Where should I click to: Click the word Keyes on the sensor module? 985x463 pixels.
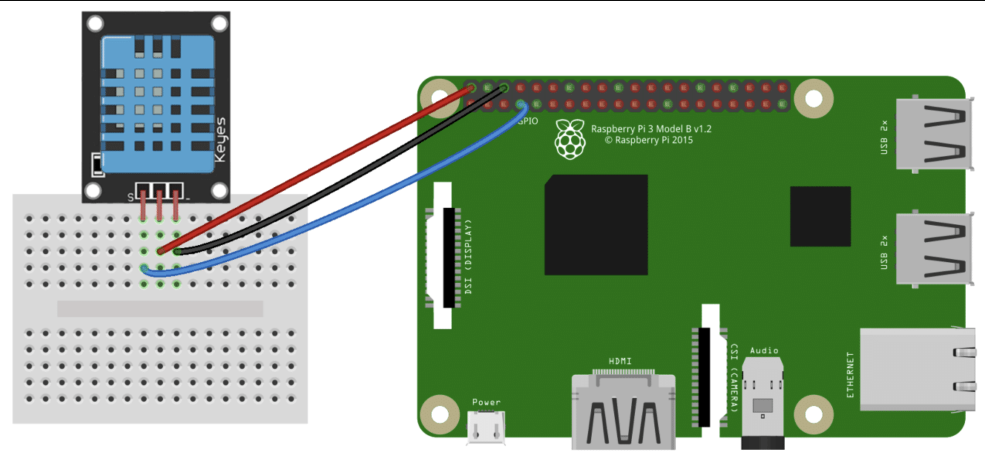click(x=220, y=140)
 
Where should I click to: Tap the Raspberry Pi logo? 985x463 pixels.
click(x=570, y=140)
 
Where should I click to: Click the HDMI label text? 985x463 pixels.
click(x=620, y=361)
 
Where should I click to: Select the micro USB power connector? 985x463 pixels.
click(x=486, y=427)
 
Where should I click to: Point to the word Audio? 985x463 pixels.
click(x=764, y=351)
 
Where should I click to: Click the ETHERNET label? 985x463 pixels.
click(x=850, y=374)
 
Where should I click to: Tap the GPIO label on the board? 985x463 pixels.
click(x=528, y=121)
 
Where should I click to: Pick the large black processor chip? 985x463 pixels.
click(x=596, y=225)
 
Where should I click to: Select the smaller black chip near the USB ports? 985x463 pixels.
click(x=820, y=216)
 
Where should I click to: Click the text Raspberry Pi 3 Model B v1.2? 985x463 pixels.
click(x=651, y=129)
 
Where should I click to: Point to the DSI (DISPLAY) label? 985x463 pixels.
click(x=468, y=257)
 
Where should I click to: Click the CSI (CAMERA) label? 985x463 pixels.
click(x=734, y=378)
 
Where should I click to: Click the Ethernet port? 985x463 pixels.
click(x=917, y=369)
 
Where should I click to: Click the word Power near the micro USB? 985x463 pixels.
click(x=486, y=402)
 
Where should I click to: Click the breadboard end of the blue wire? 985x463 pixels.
click(x=144, y=268)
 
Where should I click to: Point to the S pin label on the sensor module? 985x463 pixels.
click(x=130, y=198)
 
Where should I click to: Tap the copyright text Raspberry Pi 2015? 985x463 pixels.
click(x=649, y=140)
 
